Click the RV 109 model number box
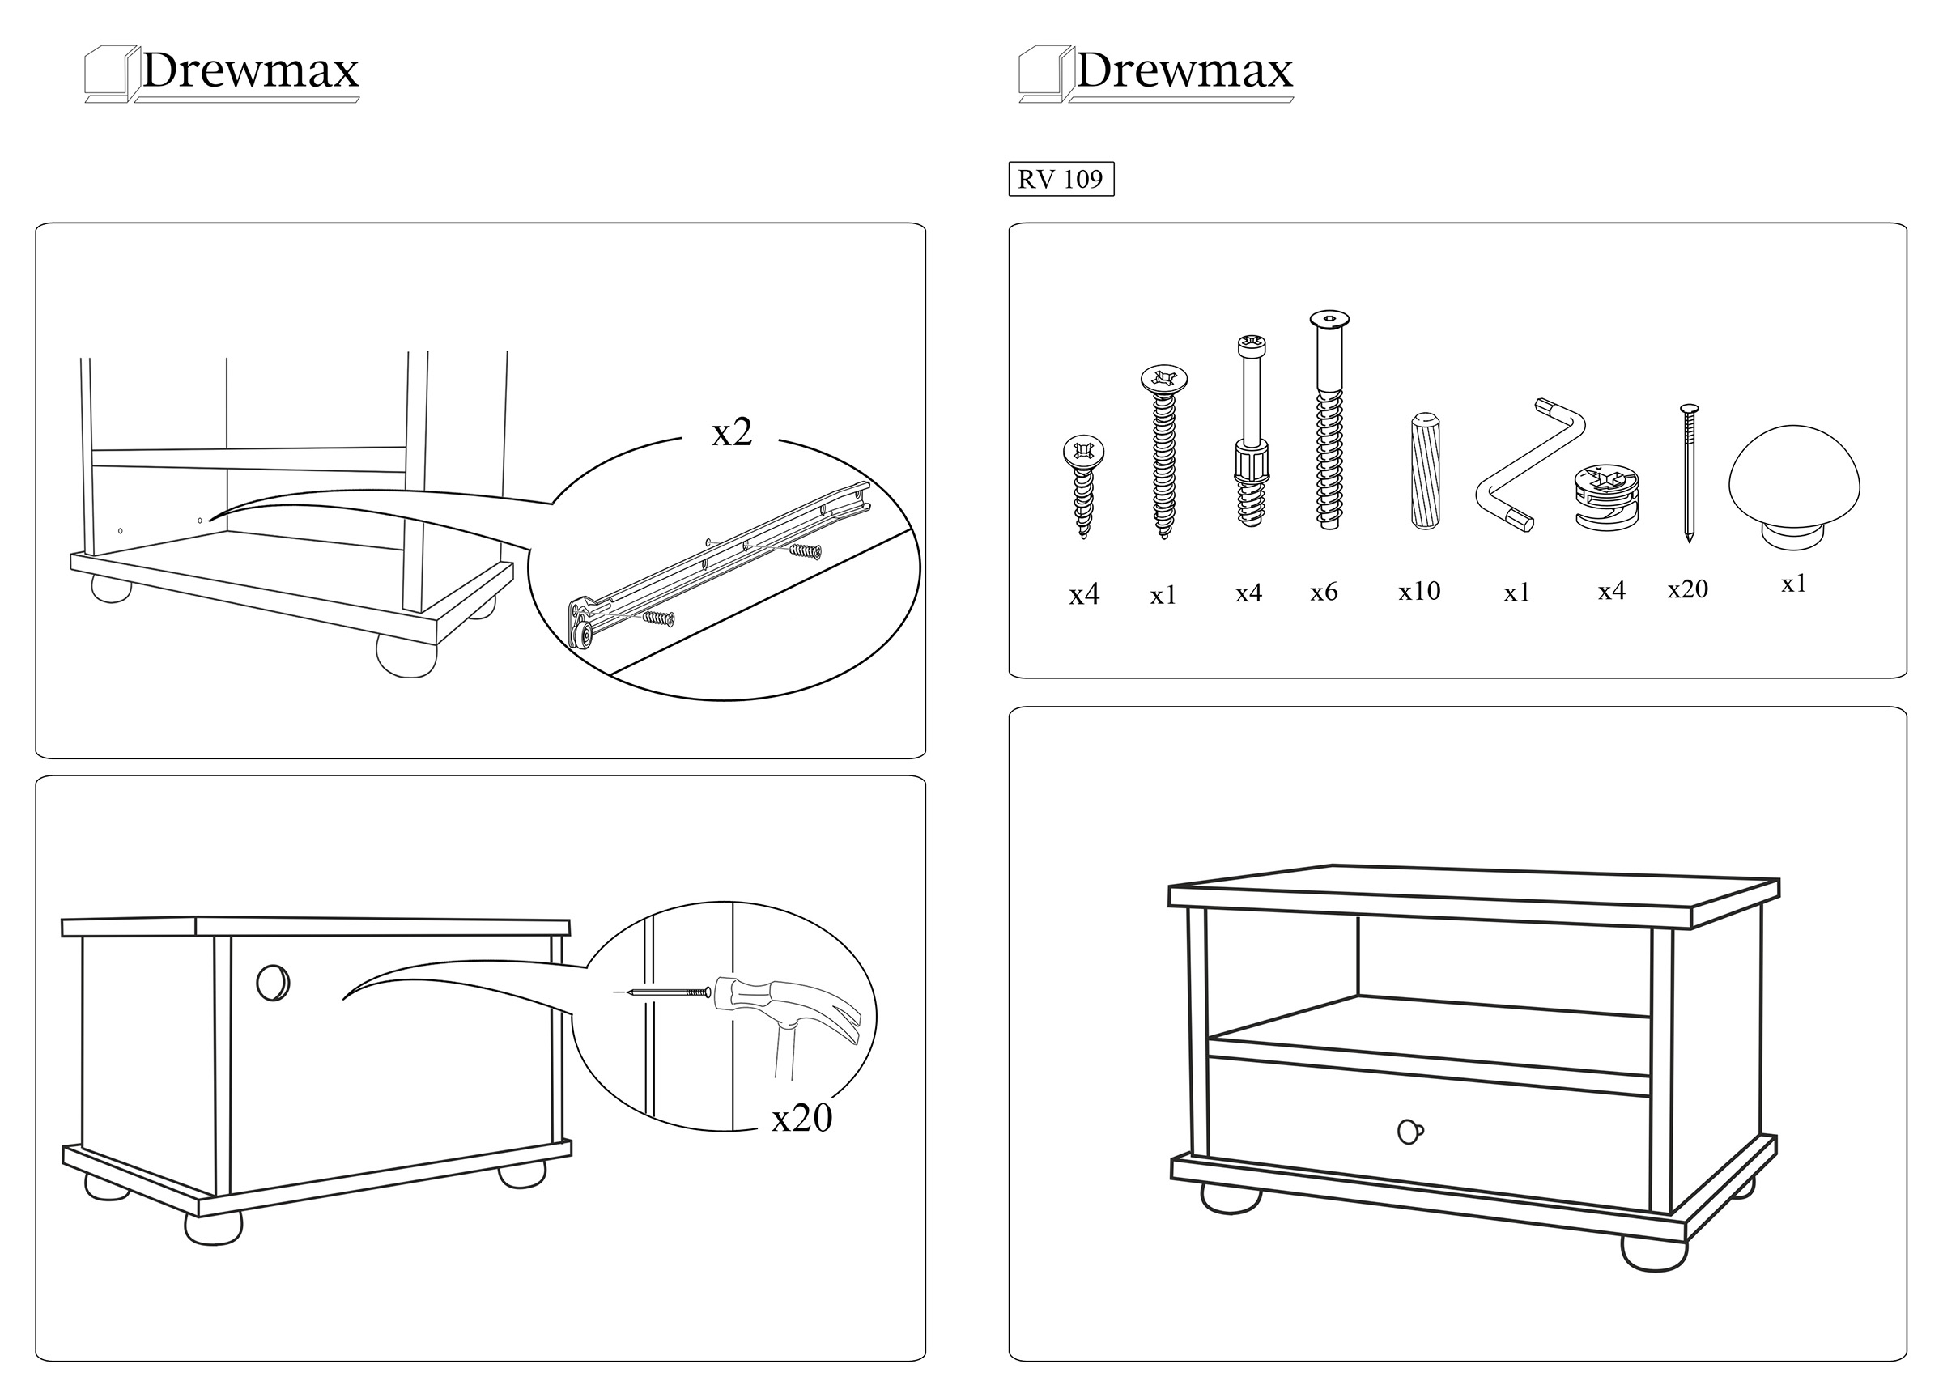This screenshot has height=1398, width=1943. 1061,179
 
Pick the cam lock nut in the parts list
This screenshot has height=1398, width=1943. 1607,497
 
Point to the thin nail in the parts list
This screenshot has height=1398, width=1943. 1689,472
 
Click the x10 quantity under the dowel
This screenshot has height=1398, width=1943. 1419,591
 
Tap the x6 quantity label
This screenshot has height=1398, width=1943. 1324,592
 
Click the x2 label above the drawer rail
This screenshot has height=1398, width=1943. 732,433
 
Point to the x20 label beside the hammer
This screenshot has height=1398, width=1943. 801,1119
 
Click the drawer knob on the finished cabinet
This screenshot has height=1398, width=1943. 1410,1132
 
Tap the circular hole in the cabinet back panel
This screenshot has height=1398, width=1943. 274,983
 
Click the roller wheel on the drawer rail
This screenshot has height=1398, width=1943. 585,635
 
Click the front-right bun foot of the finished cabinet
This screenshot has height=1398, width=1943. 1654,1253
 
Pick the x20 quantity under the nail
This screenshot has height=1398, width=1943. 1688,589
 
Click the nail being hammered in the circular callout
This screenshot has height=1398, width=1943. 668,992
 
